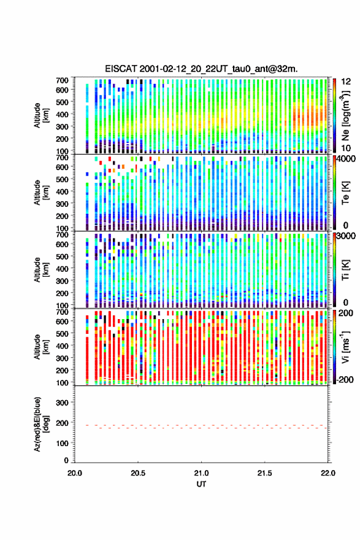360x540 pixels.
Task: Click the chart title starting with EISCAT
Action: click(201, 69)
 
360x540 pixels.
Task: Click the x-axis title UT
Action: click(201, 484)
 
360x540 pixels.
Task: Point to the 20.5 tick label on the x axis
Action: click(138, 473)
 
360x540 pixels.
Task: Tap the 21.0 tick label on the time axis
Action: click(201, 473)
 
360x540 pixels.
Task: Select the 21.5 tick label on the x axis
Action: click(265, 473)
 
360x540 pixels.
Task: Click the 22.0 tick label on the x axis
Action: click(327, 473)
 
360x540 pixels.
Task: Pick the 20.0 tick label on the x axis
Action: click(75, 473)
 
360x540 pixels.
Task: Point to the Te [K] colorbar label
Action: click(345, 193)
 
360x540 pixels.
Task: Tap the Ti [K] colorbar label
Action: click(345, 270)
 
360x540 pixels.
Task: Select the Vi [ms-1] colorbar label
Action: click(345, 347)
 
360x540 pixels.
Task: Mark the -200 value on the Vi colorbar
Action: click(345, 379)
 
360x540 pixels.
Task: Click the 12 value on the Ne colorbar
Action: click(346, 82)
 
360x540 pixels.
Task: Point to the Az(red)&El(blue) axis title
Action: click(41, 424)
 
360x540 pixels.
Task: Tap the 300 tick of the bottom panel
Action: click(63, 403)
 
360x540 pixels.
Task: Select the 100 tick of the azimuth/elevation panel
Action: click(63, 443)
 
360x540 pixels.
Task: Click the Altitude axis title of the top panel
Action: click(41, 115)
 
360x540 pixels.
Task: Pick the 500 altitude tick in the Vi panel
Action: click(63, 334)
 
